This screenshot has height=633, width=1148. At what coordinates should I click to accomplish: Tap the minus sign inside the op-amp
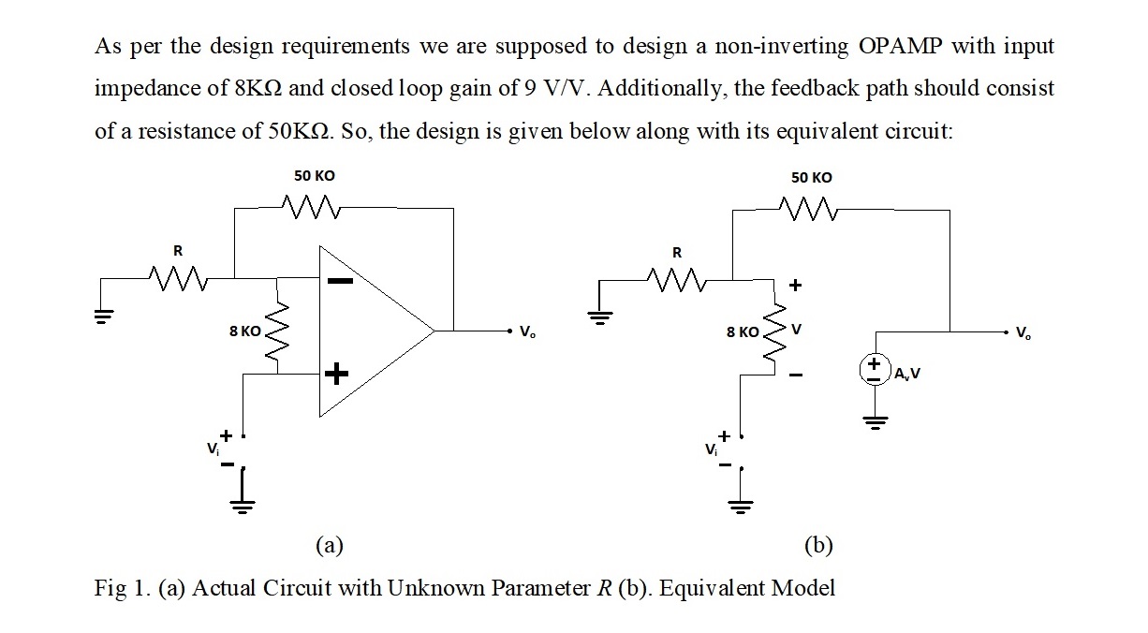click(x=339, y=280)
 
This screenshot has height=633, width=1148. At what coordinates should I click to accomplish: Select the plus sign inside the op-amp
click(x=336, y=375)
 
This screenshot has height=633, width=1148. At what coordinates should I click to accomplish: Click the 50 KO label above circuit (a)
click(x=314, y=176)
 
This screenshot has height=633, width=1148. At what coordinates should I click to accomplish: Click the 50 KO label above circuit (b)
click(x=811, y=177)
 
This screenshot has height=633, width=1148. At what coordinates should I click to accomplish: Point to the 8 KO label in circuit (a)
click(x=245, y=331)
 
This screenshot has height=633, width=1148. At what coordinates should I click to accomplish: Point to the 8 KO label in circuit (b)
click(x=743, y=331)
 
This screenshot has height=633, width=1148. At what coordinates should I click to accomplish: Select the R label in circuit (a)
click(x=176, y=250)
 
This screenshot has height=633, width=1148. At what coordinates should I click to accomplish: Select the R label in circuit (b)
click(x=678, y=252)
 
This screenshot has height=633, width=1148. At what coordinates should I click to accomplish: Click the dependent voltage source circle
click(x=876, y=367)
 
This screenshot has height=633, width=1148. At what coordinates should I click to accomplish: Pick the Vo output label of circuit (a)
click(x=528, y=331)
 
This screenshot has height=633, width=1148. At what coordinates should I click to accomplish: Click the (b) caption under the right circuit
click(x=818, y=544)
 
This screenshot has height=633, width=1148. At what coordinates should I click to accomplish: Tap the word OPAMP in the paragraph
click(x=900, y=47)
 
